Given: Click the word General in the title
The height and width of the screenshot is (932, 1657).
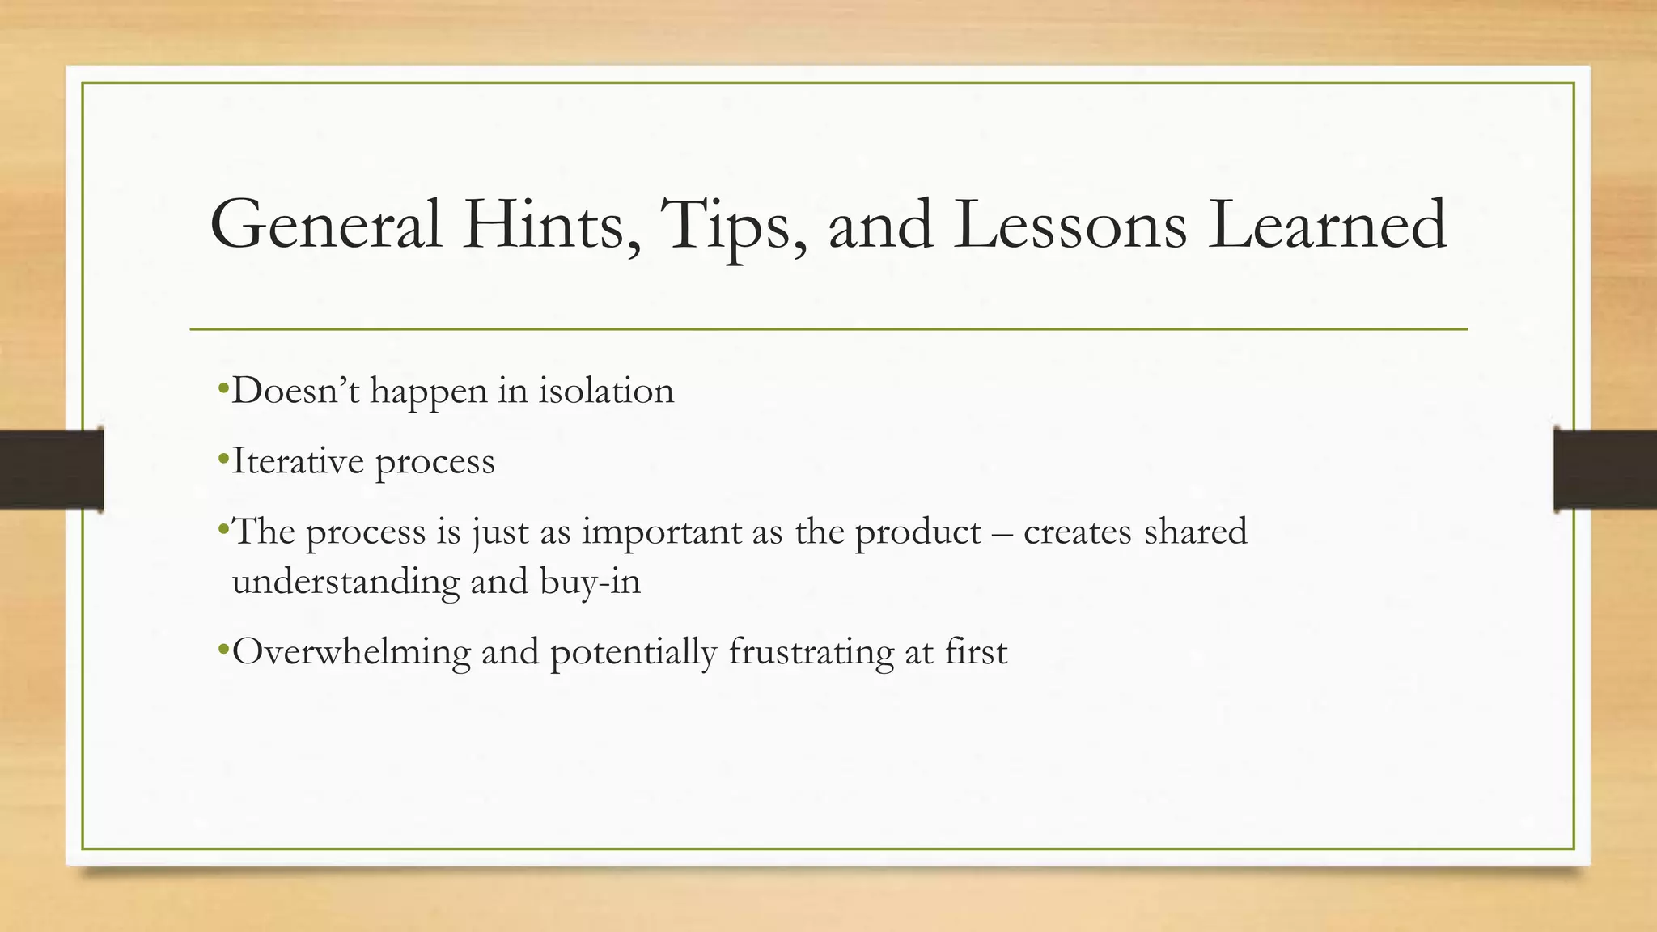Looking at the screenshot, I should point(325,225).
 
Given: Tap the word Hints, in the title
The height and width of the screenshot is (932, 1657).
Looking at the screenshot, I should point(553,225).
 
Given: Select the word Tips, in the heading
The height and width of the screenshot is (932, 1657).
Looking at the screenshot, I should point(733,225).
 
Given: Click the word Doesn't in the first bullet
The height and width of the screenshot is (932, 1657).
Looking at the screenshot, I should point(295,392).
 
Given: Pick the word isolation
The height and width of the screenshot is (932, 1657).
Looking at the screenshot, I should point(606,392).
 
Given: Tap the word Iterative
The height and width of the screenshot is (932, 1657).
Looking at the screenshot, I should point(298,462).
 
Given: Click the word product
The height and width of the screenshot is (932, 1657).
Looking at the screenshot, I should point(917,532).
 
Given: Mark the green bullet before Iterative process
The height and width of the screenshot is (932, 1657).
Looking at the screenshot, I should point(223,460).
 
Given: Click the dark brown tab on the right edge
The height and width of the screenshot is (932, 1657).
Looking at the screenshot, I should point(1605,469).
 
